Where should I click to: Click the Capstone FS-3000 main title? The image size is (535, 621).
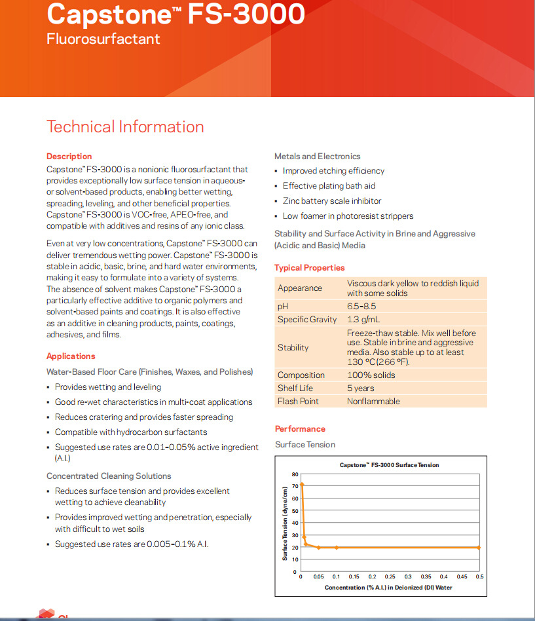coord(175,14)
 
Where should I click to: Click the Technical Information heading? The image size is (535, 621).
coord(125,127)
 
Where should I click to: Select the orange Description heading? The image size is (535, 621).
coord(69,157)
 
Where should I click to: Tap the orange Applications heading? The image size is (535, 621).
coord(71,356)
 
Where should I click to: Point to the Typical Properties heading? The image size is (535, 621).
coord(309,268)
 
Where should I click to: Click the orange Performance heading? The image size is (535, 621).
coord(300,429)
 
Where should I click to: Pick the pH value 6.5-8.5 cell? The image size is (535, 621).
coord(362,307)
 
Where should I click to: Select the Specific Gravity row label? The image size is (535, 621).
coord(307,320)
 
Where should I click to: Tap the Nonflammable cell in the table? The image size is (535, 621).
coord(373,402)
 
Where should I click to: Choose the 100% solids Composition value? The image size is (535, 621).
coord(371,375)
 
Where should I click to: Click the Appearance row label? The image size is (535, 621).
coord(300,288)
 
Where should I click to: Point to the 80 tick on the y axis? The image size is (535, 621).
coord(295,474)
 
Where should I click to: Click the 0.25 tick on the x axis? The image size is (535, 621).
coord(390,577)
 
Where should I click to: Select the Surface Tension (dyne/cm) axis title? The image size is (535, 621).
coord(285,523)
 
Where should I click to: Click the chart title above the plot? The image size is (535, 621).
coord(389,465)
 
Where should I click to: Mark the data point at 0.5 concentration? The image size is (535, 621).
coord(479,548)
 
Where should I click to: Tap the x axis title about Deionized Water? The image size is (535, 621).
coord(388,588)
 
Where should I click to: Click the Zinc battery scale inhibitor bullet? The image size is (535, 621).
coord(331,201)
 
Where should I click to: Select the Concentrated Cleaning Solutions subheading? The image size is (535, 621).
coord(109,476)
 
